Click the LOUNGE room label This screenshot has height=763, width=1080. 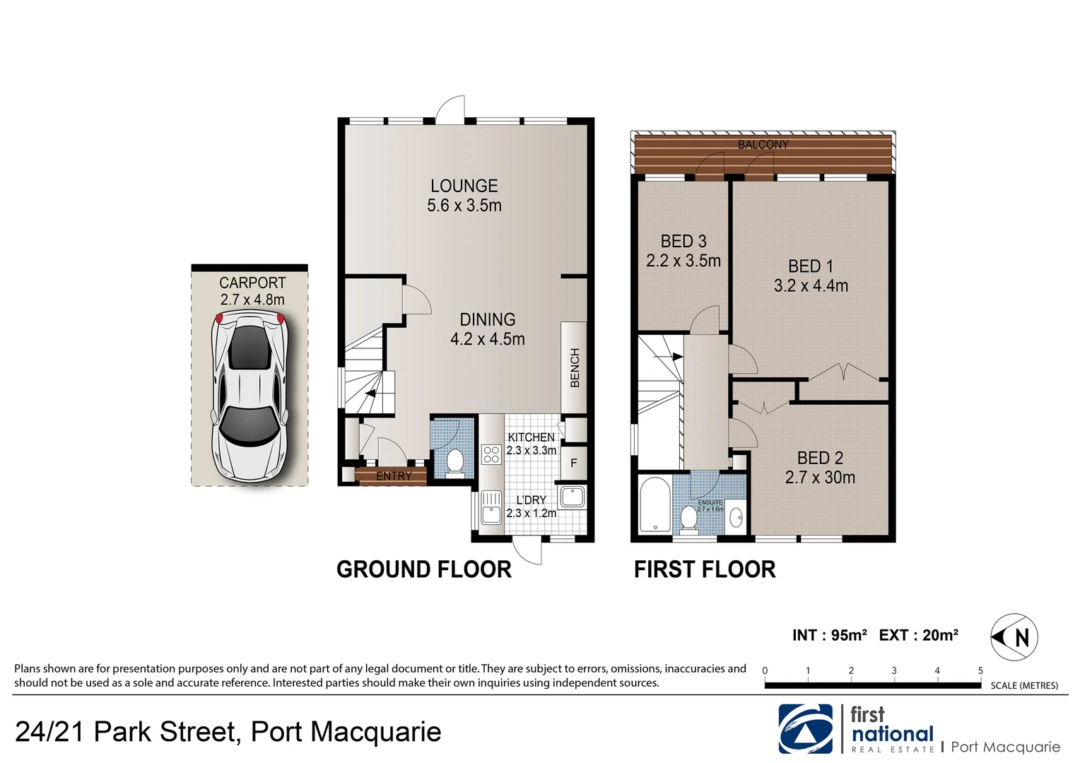[x=464, y=186]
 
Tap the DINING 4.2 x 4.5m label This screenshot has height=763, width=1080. [x=487, y=329]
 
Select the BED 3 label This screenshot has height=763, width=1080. [x=683, y=242]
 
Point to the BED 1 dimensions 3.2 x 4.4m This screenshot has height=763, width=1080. [x=811, y=286]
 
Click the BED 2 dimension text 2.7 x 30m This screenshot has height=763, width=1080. [x=820, y=478]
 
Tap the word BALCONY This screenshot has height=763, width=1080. [x=763, y=145]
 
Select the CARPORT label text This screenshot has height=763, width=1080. [x=252, y=283]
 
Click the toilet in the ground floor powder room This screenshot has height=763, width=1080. [x=455, y=461]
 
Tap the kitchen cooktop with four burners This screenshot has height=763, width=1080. [x=491, y=454]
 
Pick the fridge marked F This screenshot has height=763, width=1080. [x=574, y=463]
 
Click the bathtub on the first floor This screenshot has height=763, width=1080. [x=655, y=505]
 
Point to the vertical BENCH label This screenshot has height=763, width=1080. [x=575, y=367]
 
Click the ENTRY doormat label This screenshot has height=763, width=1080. [x=393, y=476]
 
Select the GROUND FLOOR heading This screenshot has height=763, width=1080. [x=423, y=569]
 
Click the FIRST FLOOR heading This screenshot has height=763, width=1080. [x=704, y=569]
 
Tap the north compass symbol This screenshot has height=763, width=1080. [x=1015, y=637]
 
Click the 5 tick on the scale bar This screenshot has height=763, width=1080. [x=980, y=671]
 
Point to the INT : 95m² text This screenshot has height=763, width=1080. [x=829, y=635]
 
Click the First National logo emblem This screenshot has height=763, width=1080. [x=806, y=729]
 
